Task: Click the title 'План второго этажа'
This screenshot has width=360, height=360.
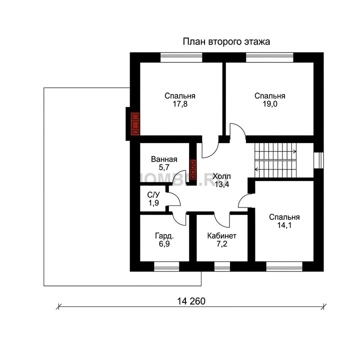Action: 226,42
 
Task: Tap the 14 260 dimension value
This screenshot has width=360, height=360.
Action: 191,301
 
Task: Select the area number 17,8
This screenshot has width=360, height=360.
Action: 180,104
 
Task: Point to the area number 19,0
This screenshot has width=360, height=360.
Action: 270,104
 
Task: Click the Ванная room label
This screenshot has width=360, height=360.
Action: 164,159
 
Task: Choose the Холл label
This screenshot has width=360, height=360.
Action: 221,176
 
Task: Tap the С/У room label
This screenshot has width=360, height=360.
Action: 153,195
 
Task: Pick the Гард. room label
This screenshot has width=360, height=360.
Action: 164,236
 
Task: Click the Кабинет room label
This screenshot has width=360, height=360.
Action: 222,236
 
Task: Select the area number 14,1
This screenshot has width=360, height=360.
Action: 284,225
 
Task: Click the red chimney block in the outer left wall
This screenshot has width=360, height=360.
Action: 135,123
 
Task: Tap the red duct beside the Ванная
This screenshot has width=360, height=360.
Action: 193,169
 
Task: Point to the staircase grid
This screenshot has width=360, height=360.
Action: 275,160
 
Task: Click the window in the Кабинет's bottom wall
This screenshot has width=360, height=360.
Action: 222,266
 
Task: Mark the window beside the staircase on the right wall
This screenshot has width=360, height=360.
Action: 318,160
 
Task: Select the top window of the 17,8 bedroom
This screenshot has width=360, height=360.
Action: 181,57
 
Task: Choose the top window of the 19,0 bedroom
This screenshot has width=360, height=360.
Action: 269,57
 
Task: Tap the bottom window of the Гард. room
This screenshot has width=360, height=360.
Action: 166,266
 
